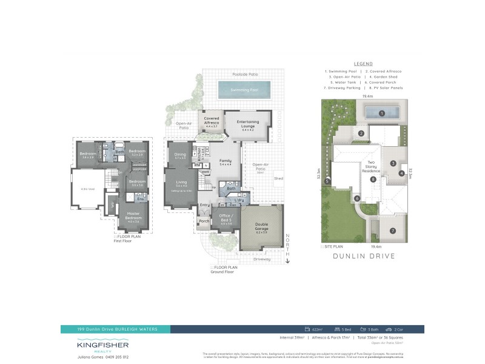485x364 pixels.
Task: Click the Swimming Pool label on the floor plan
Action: point(244,90)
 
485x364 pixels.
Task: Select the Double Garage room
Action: point(261,229)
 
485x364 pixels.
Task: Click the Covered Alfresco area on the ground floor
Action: point(212,121)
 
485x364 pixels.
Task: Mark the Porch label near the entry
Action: point(204,221)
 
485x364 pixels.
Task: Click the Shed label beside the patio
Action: point(278,178)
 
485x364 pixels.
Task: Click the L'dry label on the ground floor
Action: point(239,200)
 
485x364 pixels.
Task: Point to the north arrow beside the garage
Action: point(289,249)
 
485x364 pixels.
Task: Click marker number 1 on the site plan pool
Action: point(382,113)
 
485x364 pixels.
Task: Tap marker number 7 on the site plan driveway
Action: point(393,231)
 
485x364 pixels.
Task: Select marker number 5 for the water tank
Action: point(327,181)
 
